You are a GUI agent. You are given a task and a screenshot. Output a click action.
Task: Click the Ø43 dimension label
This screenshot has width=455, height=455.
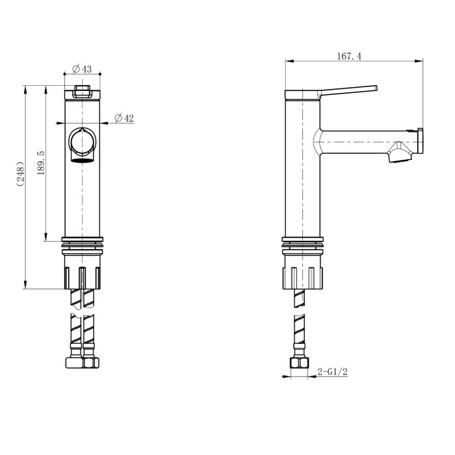(82, 69)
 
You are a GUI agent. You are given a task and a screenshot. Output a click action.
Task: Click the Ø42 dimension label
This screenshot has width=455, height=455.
(123, 118)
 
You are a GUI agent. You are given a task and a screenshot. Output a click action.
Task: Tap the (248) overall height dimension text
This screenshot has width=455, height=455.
(20, 174)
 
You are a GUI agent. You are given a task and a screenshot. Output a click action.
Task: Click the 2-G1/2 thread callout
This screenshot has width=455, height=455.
(332, 372)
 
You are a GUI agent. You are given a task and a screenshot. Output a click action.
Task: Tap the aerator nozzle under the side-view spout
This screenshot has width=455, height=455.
(397, 155)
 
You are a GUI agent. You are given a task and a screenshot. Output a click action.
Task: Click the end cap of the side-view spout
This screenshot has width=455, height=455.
(421, 141)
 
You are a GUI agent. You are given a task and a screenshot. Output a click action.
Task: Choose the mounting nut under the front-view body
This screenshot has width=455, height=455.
(83, 274)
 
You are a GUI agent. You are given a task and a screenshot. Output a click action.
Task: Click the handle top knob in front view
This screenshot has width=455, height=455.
(83, 91)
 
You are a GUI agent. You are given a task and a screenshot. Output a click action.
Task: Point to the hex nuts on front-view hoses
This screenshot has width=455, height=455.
(83, 362)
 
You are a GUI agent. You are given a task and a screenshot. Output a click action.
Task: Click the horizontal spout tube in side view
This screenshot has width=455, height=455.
(364, 142)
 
